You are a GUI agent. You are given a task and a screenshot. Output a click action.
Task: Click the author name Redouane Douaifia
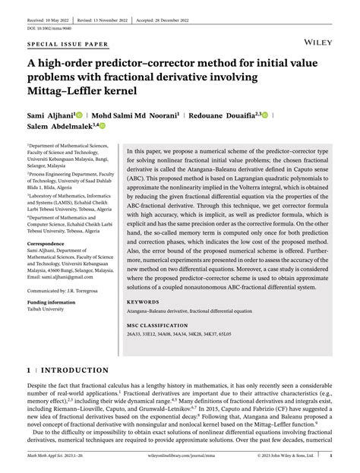(226, 115)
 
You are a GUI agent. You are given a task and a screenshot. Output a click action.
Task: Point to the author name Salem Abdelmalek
(58, 127)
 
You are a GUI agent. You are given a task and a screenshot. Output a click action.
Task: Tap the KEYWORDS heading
(150, 301)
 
